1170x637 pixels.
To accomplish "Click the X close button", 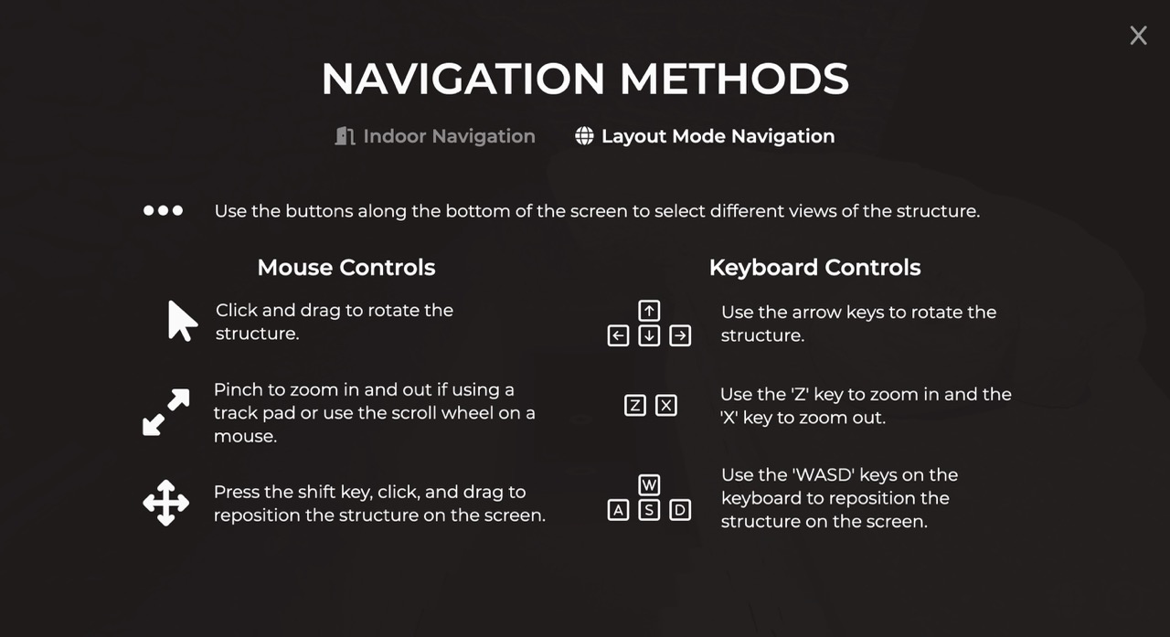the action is [1138, 36].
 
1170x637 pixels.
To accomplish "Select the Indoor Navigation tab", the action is [435, 136].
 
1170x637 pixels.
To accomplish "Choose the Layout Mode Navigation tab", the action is [705, 136].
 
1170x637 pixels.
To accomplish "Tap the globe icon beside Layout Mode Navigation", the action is [584, 136].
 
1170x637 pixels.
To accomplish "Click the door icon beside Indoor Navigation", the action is [345, 136].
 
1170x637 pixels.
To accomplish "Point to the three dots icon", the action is [163, 210].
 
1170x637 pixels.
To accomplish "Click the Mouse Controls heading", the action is [346, 268].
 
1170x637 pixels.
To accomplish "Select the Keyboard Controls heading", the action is [814, 268].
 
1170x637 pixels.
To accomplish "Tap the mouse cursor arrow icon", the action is [181, 322].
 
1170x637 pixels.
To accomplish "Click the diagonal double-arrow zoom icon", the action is [166, 412].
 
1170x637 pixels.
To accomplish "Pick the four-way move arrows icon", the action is [166, 503].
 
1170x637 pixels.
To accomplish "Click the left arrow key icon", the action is [618, 335].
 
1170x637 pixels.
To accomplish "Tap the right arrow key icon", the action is [680, 335].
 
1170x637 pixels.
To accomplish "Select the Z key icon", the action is [635, 406].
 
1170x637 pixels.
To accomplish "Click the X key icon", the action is [666, 406].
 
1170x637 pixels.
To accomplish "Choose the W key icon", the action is [649, 485].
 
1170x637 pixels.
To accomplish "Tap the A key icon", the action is [618, 510].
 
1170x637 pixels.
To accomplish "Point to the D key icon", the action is [680, 510].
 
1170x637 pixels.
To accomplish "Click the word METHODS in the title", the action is [734, 79].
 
